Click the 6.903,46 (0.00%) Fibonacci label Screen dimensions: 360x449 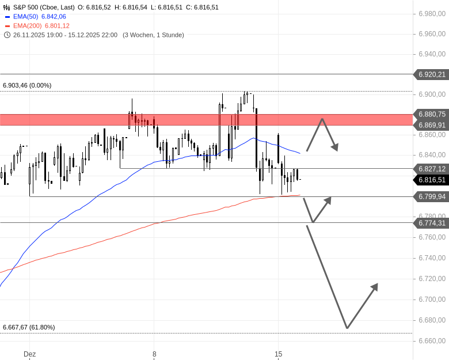point(27,85)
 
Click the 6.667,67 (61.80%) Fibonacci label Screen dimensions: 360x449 point(29,327)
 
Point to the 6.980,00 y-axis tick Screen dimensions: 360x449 point(432,14)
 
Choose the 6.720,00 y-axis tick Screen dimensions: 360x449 point(432,279)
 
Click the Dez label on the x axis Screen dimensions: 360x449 point(29,354)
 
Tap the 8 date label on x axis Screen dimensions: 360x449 point(154,354)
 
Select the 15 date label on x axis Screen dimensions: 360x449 point(279,354)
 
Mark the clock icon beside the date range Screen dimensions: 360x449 point(7,35)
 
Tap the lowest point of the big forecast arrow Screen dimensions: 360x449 point(347,328)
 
